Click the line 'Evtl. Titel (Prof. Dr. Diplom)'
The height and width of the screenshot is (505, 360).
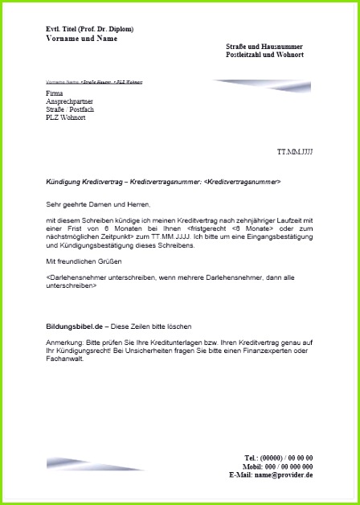click(90, 29)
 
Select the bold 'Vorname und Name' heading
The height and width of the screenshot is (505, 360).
click(81, 39)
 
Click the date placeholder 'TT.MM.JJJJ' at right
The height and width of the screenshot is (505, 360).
click(295, 151)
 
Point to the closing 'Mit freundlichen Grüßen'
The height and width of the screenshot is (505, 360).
click(81, 262)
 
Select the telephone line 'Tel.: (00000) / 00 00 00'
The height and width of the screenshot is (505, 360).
click(278, 458)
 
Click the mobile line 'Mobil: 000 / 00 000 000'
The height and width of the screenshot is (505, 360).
click(277, 466)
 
